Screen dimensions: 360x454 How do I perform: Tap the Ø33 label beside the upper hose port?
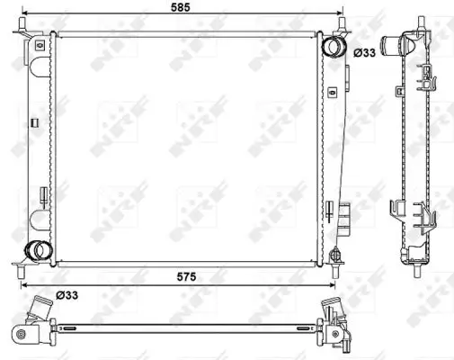click(x=364, y=53)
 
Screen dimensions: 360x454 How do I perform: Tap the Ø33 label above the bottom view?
click(x=67, y=293)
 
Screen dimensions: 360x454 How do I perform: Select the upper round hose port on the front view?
click(x=333, y=47)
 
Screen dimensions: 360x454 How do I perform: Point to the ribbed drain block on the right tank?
click(x=344, y=211)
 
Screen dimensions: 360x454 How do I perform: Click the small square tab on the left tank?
click(x=33, y=121)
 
